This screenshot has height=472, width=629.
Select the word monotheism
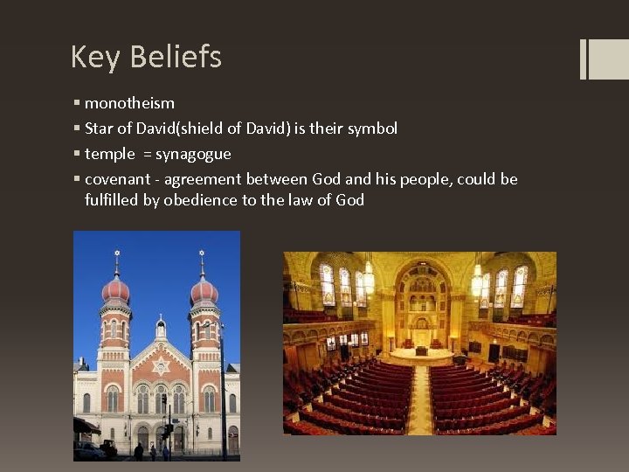click(x=129, y=103)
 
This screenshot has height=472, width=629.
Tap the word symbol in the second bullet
click(x=372, y=128)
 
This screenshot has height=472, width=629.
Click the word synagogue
click(x=193, y=154)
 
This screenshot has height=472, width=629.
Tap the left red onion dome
click(x=115, y=289)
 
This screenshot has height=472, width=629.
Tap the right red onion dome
click(x=204, y=289)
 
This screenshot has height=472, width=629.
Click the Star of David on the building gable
click(x=160, y=365)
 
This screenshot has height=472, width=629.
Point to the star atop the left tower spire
click(x=116, y=255)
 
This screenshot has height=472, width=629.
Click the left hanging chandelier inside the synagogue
click(x=368, y=280)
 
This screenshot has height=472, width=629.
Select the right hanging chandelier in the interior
click(x=477, y=280)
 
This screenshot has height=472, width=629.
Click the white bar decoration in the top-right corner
click(x=584, y=59)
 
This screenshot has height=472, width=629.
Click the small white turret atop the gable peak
click(x=160, y=328)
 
